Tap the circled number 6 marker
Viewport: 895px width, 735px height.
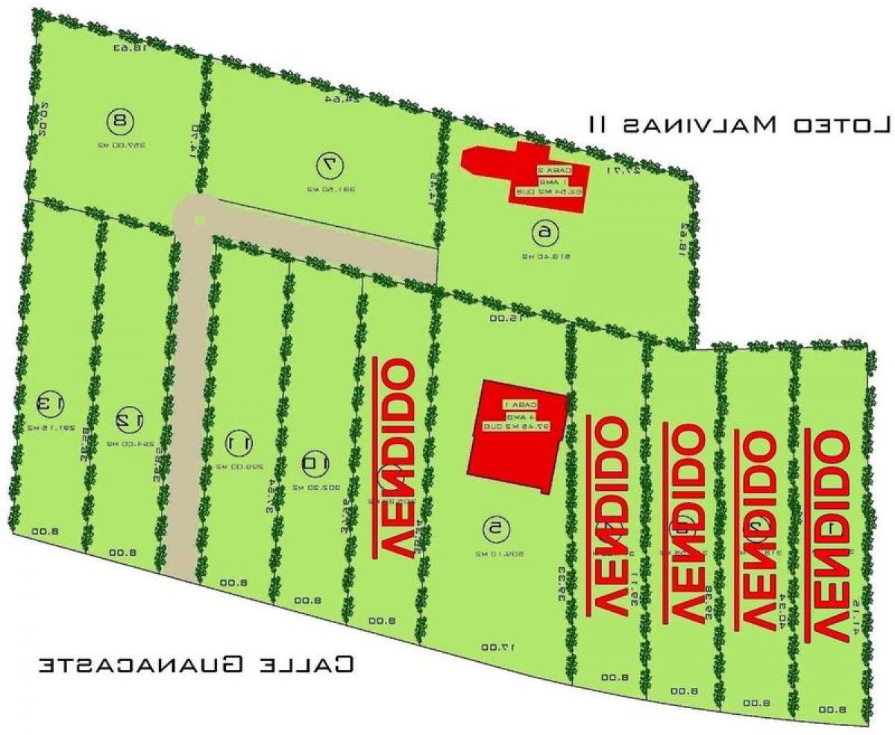pos(546,233)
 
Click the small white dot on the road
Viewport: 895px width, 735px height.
pos(199,219)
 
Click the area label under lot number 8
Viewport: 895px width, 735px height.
pos(120,146)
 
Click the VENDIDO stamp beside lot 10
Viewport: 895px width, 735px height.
pos(395,457)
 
